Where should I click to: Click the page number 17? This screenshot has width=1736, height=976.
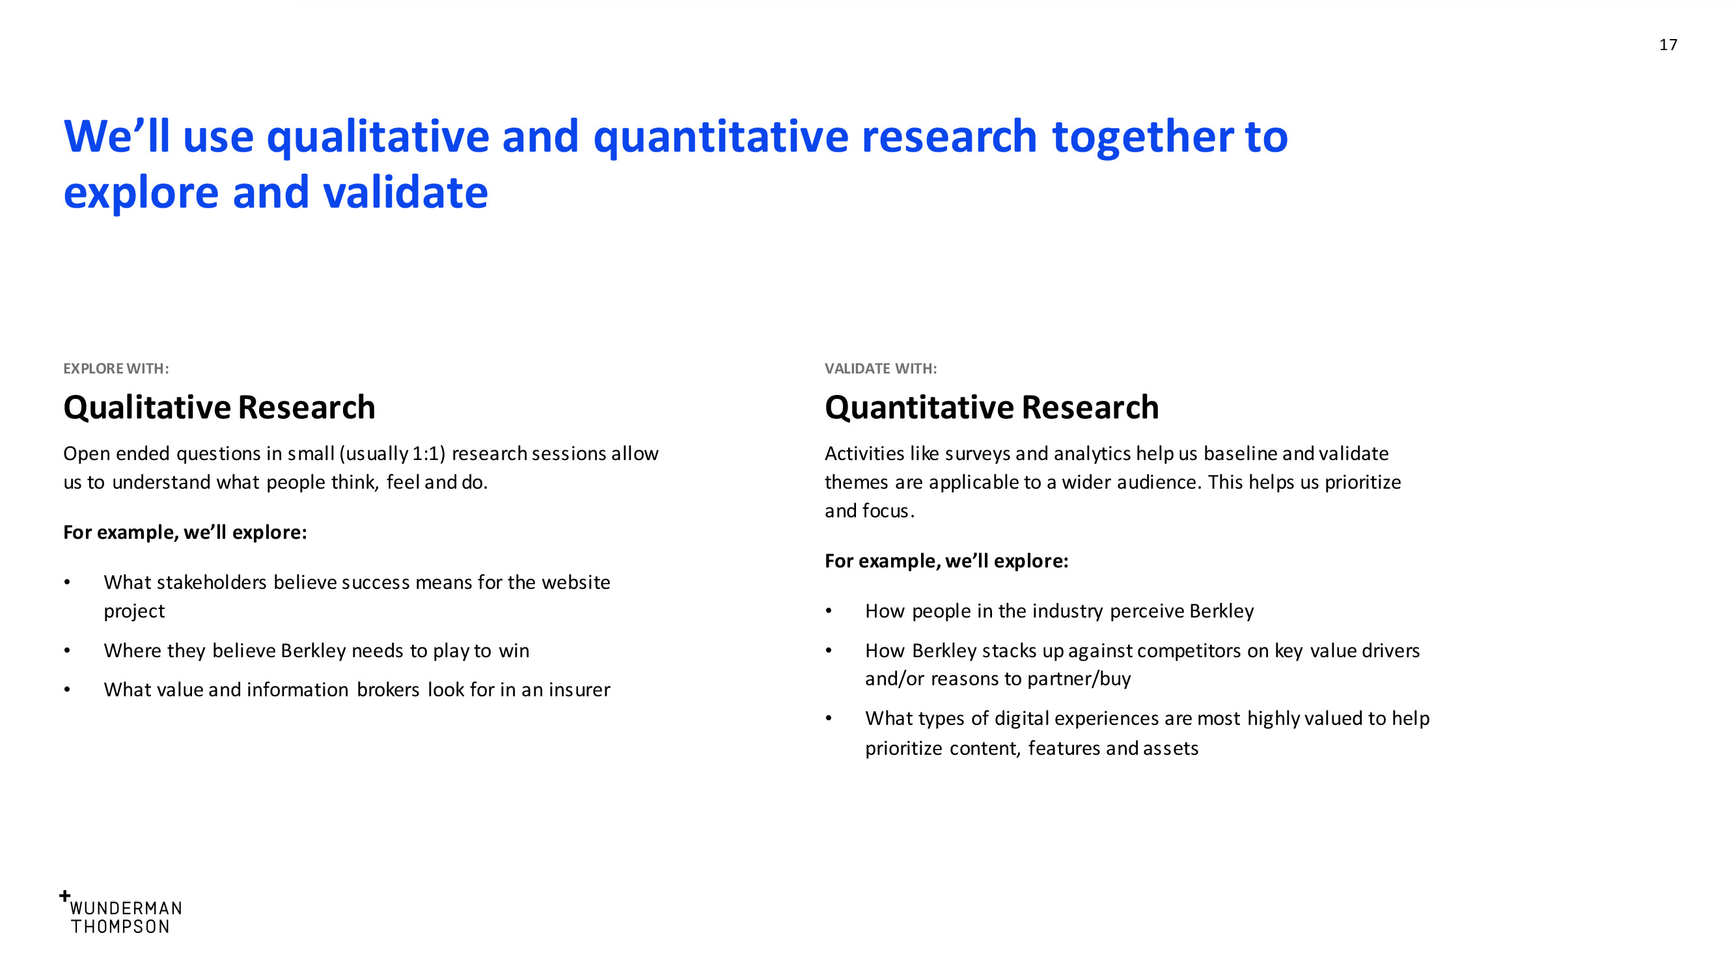[1668, 44]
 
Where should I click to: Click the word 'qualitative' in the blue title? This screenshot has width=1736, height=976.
[378, 137]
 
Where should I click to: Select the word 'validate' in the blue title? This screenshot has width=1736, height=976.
[405, 192]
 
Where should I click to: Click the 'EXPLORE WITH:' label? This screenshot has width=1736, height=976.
[116, 368]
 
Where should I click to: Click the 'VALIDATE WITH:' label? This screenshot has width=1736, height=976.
[881, 368]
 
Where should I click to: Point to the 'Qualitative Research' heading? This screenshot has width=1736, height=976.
[219, 407]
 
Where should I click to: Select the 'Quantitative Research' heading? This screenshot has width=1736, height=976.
[991, 407]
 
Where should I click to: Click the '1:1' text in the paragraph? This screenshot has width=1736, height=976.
[428, 454]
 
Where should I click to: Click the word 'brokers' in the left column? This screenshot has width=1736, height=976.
[388, 690]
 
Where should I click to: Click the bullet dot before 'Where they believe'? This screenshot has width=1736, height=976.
[68, 651]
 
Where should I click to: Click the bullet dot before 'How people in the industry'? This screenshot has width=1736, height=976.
[829, 612]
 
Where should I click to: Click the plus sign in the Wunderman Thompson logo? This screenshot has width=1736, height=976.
[64, 896]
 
